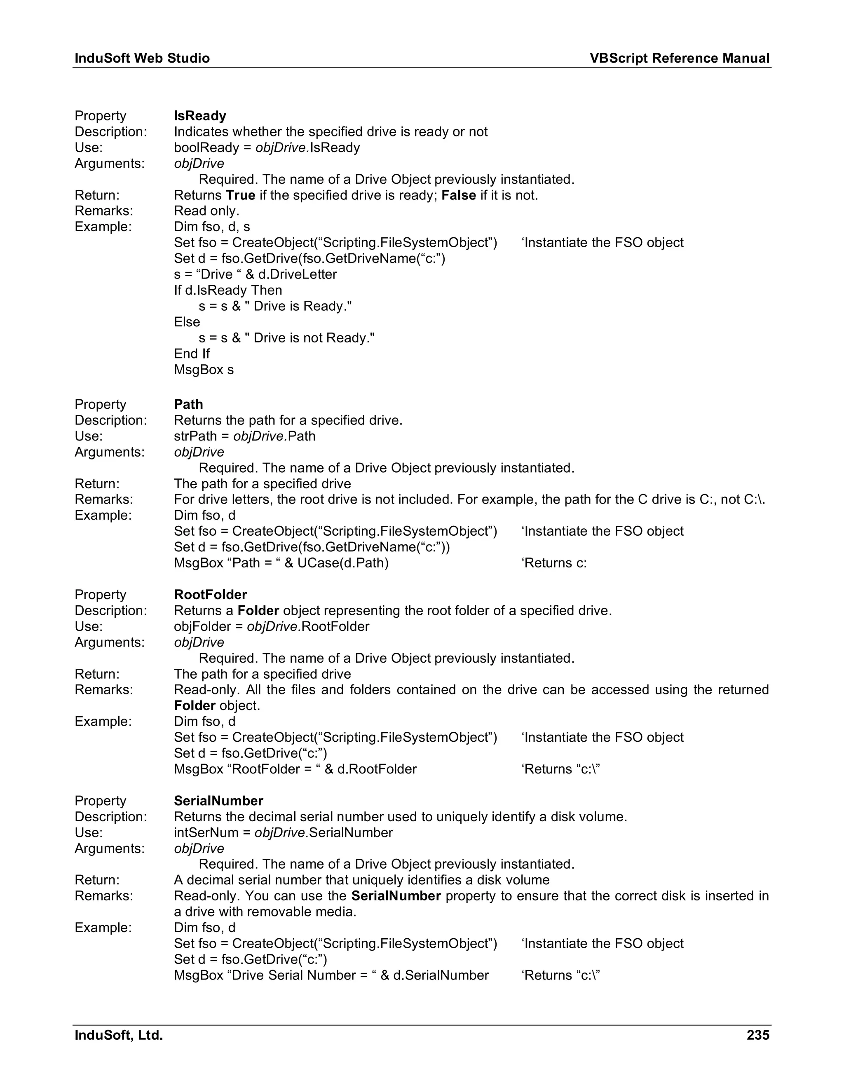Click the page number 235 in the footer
(757, 1035)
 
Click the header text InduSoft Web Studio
(142, 59)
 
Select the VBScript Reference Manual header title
(679, 59)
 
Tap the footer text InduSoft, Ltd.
(119, 1035)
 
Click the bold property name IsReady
(200, 116)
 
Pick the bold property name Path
(188, 405)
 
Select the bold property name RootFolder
(211, 595)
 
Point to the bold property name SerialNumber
(218, 801)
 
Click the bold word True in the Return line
(241, 195)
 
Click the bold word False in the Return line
(459, 195)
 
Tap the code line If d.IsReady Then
(228, 291)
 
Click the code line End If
(192, 354)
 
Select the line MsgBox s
(204, 370)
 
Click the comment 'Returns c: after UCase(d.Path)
(554, 563)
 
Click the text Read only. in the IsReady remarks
(206, 211)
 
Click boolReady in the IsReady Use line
(206, 148)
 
